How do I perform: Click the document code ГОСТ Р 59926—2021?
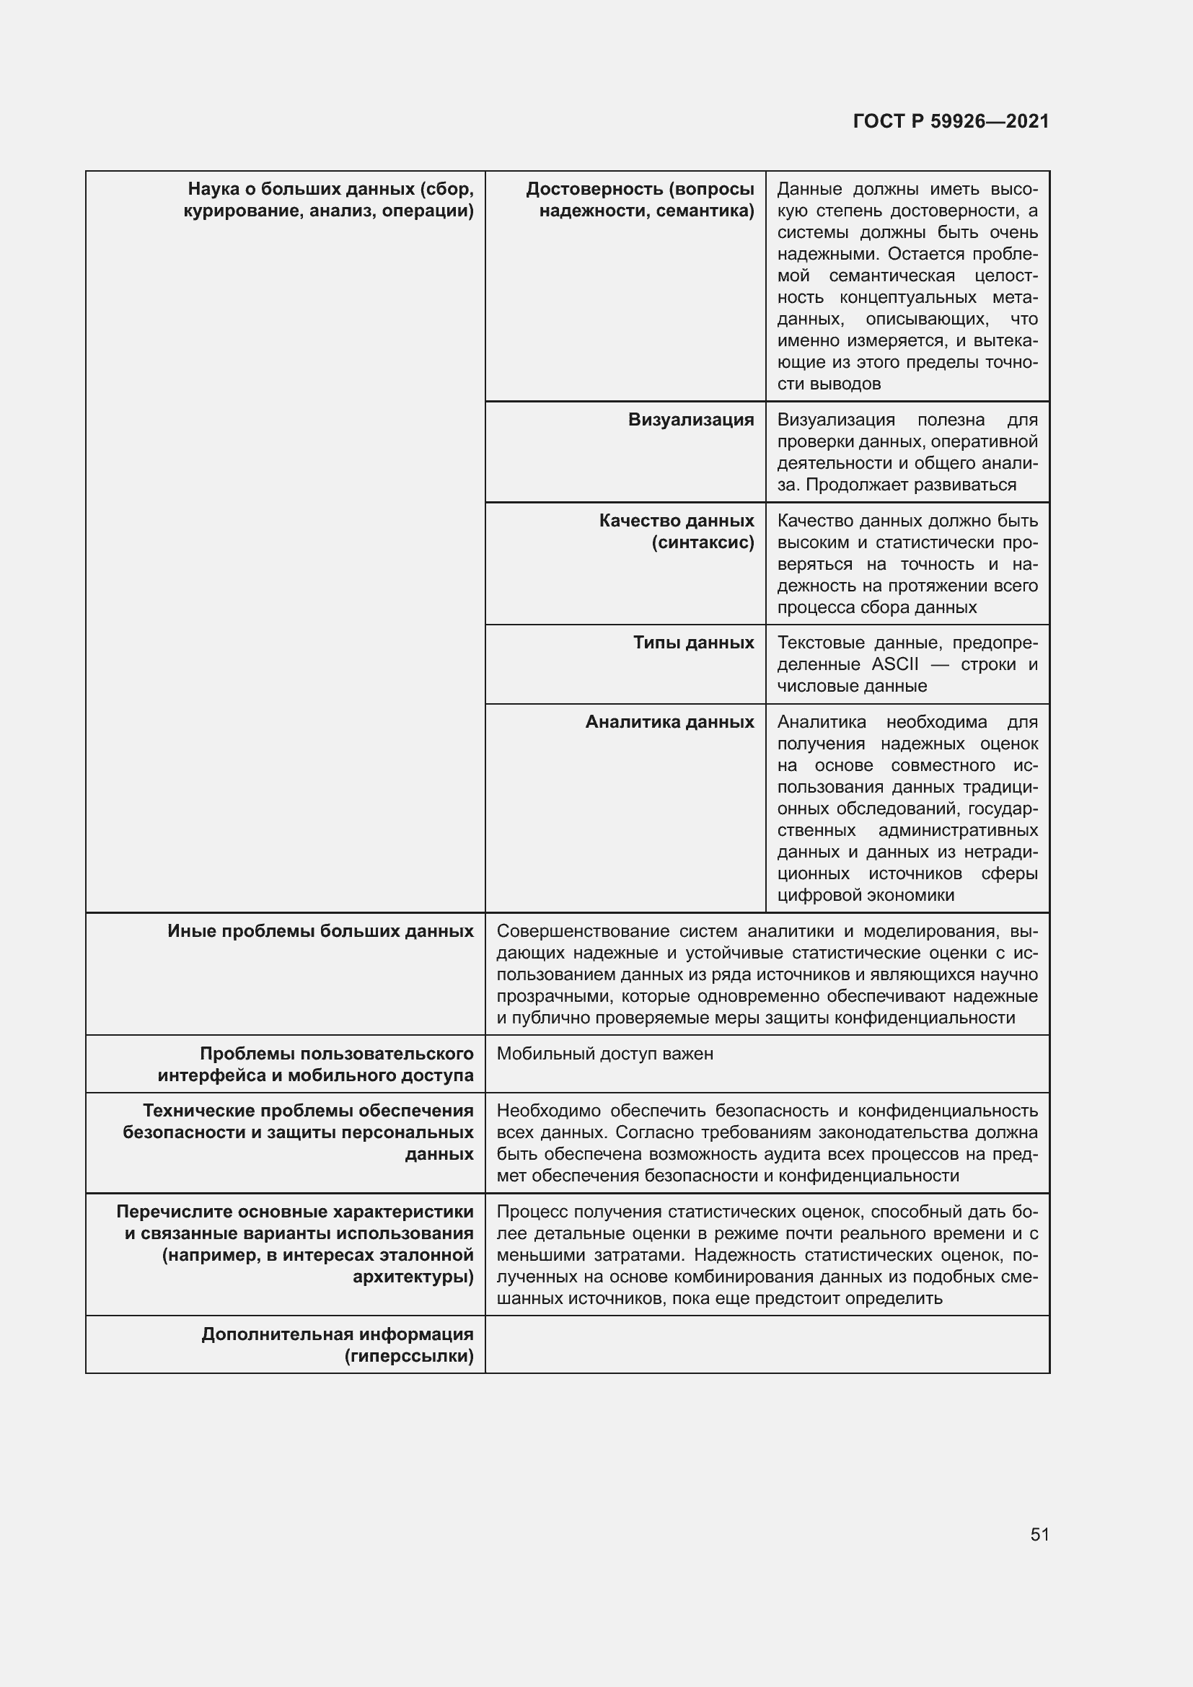pyautogui.click(x=951, y=121)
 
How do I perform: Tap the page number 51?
pyautogui.click(x=1039, y=1534)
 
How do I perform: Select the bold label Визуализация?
pyautogui.click(x=690, y=420)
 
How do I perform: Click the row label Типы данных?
pyautogui.click(x=693, y=642)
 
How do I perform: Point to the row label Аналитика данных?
pyautogui.click(x=669, y=721)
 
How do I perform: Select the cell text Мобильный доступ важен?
pyautogui.click(x=604, y=1053)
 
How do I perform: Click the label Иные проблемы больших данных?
pyautogui.click(x=320, y=931)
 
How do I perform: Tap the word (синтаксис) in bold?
pyautogui.click(x=703, y=542)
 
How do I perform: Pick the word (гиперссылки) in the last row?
pyautogui.click(x=408, y=1356)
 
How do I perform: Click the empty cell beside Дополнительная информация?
pyautogui.click(x=766, y=1344)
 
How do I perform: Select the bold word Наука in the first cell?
pyautogui.click(x=213, y=189)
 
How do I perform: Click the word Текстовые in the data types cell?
pyautogui.click(x=821, y=642)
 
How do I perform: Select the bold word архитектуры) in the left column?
pyautogui.click(x=413, y=1277)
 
